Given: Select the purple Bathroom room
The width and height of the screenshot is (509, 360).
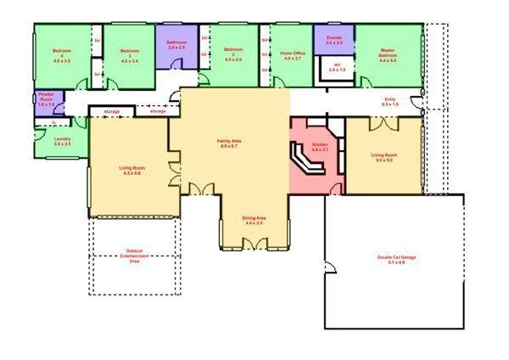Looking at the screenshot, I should (x=176, y=47).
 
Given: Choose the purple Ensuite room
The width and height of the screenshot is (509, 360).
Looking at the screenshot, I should (x=334, y=40).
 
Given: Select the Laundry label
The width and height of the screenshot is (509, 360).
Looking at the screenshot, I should (x=61, y=141).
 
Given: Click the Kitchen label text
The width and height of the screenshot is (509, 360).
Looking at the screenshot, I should (x=320, y=146).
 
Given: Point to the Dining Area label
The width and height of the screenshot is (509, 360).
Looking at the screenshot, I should (x=255, y=220).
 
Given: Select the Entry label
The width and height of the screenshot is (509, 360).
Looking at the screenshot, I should (x=389, y=101).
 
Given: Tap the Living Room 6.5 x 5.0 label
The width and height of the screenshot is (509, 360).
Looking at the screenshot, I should (x=130, y=170).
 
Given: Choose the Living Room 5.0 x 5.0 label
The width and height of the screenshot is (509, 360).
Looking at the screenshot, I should (x=383, y=156).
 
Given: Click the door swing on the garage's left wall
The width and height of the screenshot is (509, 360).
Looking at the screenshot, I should (x=331, y=267).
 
